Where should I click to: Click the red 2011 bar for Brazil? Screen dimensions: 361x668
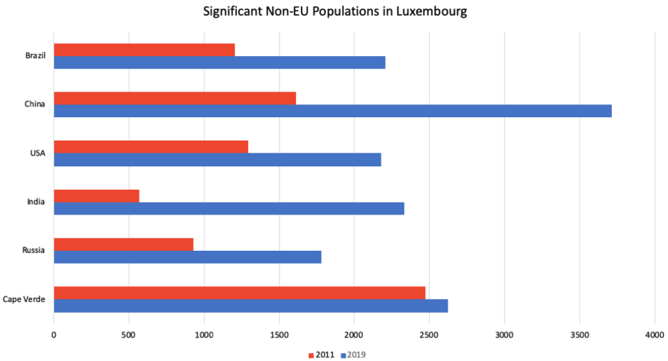click(x=144, y=50)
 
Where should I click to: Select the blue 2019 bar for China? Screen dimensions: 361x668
click(x=332, y=111)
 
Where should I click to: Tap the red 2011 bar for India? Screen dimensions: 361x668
click(x=97, y=196)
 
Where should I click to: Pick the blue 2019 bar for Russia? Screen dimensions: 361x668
click(x=187, y=257)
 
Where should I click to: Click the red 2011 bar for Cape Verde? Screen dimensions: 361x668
click(x=239, y=293)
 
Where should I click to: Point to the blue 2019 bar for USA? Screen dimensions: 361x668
click(x=217, y=160)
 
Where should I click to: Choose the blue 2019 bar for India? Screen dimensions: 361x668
click(x=229, y=208)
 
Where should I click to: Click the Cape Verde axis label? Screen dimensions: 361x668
click(x=23, y=299)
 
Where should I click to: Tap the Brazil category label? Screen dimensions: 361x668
click(x=35, y=56)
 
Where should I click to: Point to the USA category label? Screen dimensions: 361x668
click(x=38, y=153)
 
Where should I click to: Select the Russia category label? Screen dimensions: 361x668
click(x=33, y=250)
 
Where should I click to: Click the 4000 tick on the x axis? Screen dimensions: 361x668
click(x=654, y=334)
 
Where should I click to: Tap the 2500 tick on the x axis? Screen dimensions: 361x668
click(x=429, y=334)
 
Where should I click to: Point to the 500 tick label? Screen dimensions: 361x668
click(x=129, y=334)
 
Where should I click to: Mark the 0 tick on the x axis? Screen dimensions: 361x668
click(x=54, y=334)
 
